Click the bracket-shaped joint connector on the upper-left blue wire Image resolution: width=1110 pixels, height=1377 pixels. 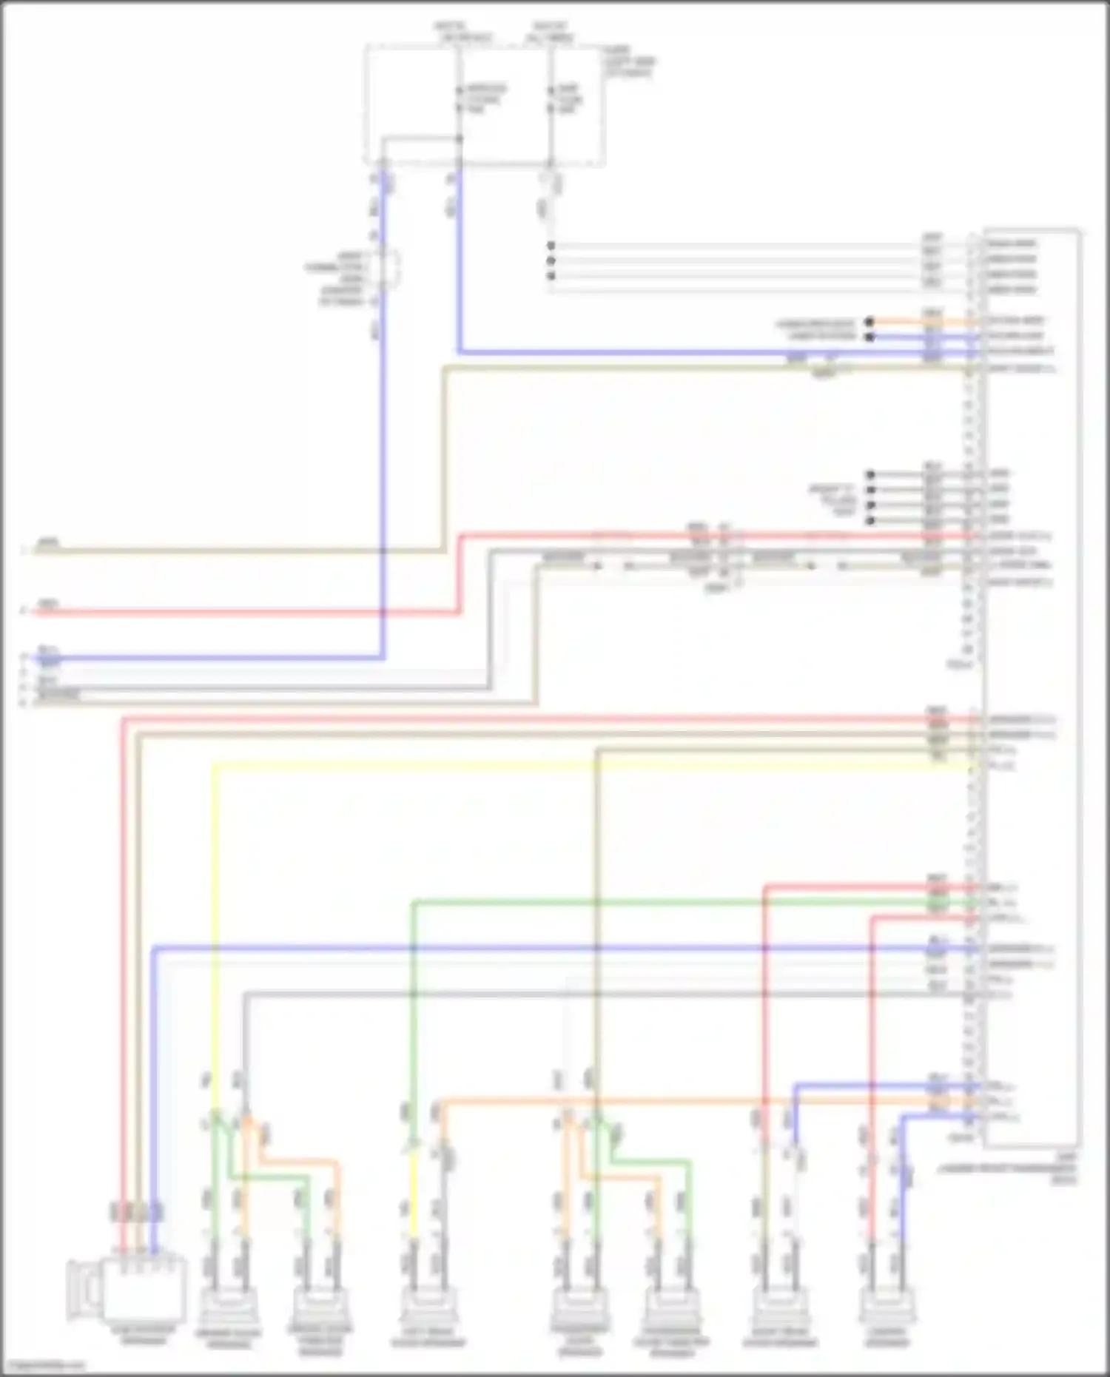point(391,269)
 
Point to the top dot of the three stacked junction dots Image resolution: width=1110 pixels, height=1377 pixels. point(551,246)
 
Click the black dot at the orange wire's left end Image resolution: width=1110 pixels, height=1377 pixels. point(870,322)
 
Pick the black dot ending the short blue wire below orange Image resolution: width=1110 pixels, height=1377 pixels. point(870,337)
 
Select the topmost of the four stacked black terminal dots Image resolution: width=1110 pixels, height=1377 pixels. point(871,474)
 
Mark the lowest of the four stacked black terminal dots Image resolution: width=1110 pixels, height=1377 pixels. point(871,521)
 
